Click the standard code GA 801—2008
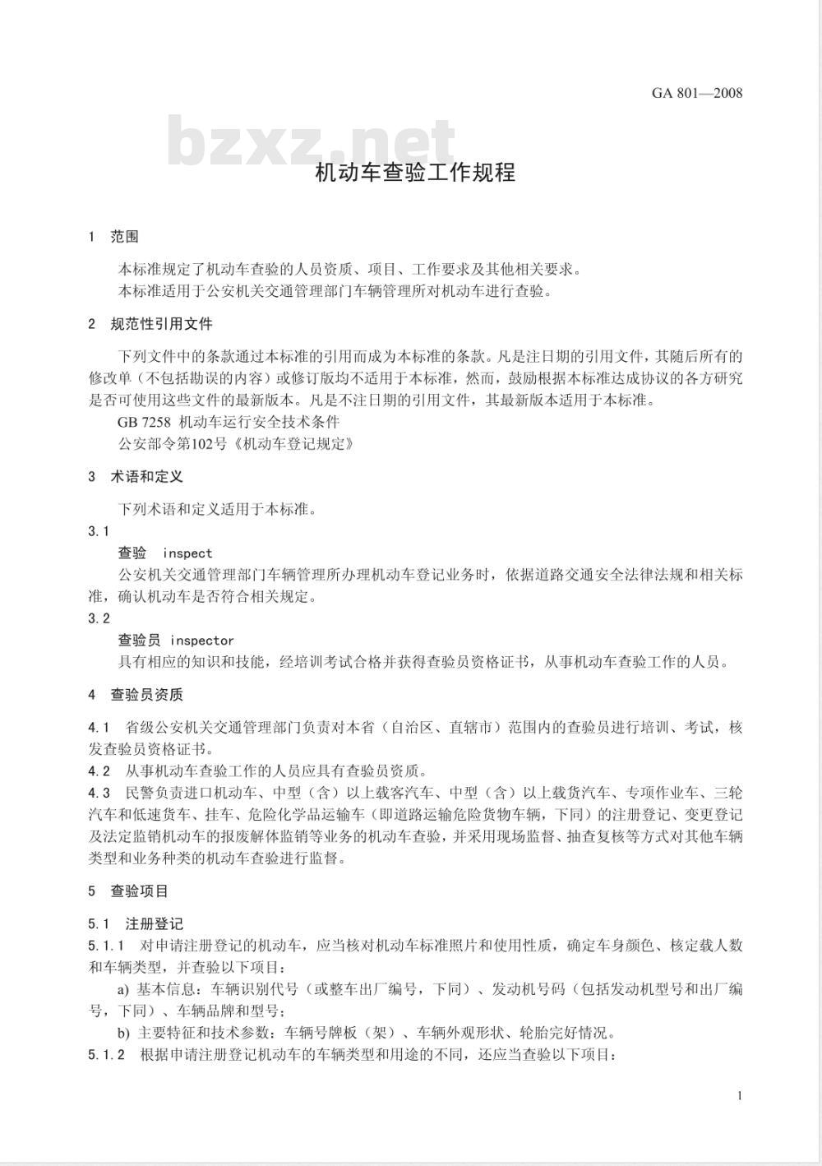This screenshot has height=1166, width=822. click(x=696, y=93)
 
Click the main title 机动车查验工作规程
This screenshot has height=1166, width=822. click(x=415, y=174)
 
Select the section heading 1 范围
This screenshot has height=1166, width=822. click(x=114, y=237)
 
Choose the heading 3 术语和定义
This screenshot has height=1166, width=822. click(x=136, y=477)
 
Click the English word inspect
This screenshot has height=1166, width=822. click(x=187, y=553)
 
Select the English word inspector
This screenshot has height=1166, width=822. click(x=201, y=641)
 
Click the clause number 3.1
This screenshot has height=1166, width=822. click(x=99, y=532)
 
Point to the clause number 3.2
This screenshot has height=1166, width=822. click(x=99, y=618)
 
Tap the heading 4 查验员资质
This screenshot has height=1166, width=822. click(x=136, y=695)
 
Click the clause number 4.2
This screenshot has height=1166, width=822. click(x=99, y=771)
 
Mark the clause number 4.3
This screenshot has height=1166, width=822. click(x=99, y=794)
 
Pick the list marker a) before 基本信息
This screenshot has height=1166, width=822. click(x=123, y=989)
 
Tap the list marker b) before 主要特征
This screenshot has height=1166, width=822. click(x=123, y=1034)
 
